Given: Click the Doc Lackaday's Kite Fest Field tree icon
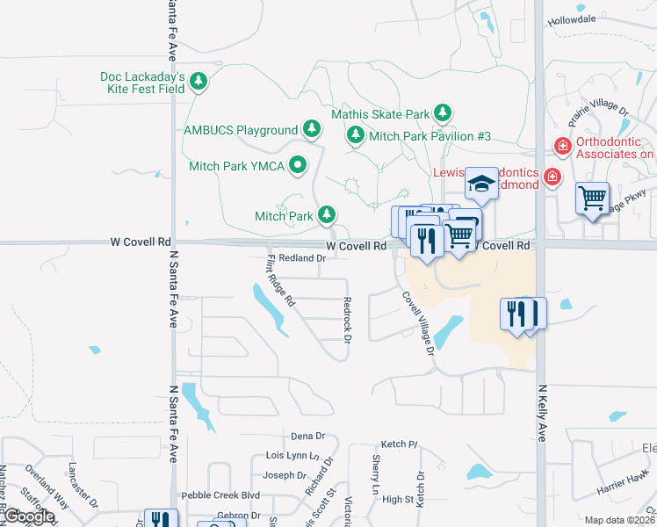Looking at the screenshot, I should point(199,82).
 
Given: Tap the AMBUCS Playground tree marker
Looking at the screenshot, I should point(311,129).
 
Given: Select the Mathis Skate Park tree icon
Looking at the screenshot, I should point(444,113).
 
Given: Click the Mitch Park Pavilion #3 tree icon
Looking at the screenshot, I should point(356,135).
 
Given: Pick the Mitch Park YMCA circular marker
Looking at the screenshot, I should point(298,164).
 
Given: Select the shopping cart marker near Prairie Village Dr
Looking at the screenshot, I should point(593,199).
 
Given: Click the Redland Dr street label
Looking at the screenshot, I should point(303,258).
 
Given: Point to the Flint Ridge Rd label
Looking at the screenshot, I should point(279,280).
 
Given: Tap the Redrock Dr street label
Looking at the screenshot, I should point(347,319).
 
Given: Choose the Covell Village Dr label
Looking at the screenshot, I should point(418,322).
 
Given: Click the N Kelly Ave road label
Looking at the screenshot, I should point(542,412).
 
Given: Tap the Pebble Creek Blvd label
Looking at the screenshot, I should point(220,495).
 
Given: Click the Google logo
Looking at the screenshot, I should point(28,516).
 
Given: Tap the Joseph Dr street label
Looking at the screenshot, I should point(284,475).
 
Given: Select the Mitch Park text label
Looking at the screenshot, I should point(284,215).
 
